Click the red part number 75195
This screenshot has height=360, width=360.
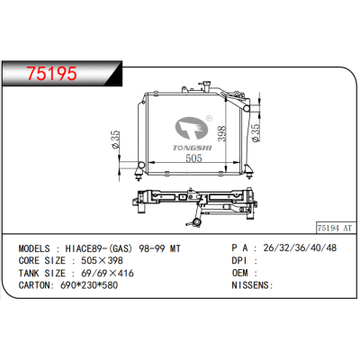[52, 73]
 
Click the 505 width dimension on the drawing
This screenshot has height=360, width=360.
[193, 157]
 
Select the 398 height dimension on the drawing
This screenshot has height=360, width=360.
[221, 133]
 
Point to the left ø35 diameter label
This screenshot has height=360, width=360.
[115, 139]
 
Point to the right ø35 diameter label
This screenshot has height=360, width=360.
[255, 133]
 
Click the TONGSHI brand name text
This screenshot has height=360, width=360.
[193, 148]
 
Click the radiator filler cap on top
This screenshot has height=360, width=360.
[206, 83]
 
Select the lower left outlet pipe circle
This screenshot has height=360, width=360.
[141, 165]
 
